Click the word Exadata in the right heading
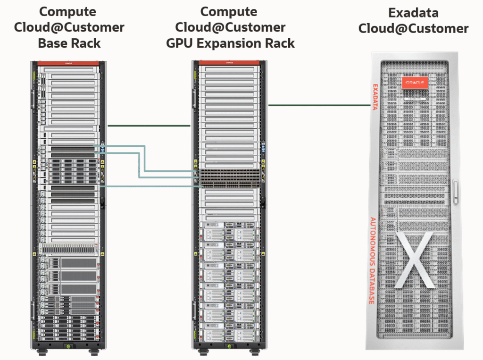(x=413, y=13)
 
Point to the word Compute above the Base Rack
(x=69, y=11)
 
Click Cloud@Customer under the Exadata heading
(x=413, y=29)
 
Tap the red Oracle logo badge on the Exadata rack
(x=415, y=82)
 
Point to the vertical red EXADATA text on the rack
(x=375, y=97)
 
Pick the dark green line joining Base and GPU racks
(x=149, y=126)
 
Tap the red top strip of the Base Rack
(x=69, y=63)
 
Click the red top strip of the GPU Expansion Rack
(x=229, y=63)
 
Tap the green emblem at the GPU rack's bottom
(x=230, y=350)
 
